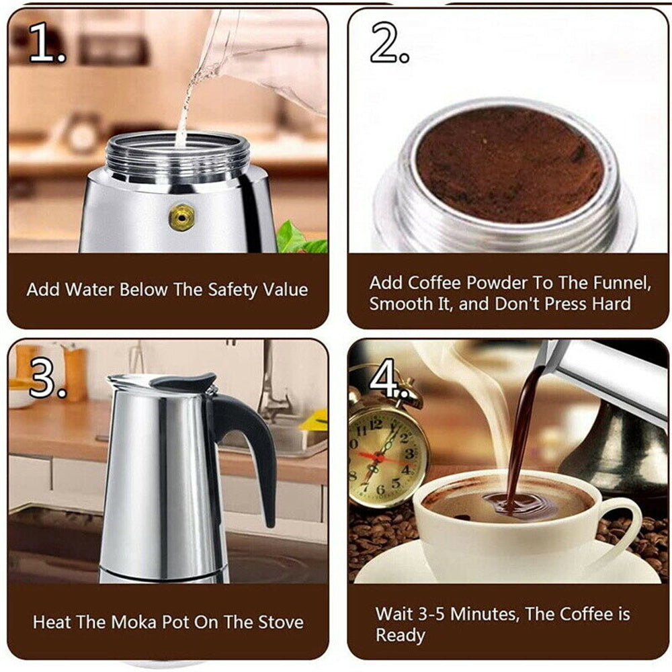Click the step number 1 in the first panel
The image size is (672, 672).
tap(46, 44)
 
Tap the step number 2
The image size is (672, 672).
tap(388, 44)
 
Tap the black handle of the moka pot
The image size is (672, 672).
tap(252, 444)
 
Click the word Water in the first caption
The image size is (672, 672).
tap(91, 290)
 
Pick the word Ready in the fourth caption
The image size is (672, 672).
tap(401, 636)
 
